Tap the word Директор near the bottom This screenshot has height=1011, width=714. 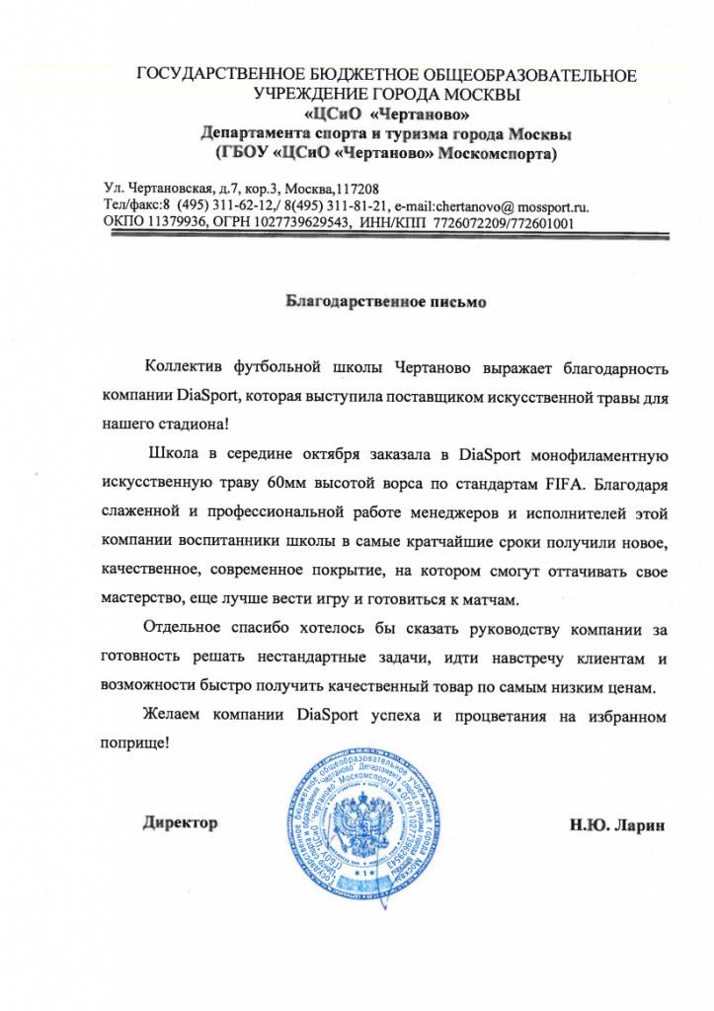click(179, 822)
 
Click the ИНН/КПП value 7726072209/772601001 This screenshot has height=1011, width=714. click(511, 223)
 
